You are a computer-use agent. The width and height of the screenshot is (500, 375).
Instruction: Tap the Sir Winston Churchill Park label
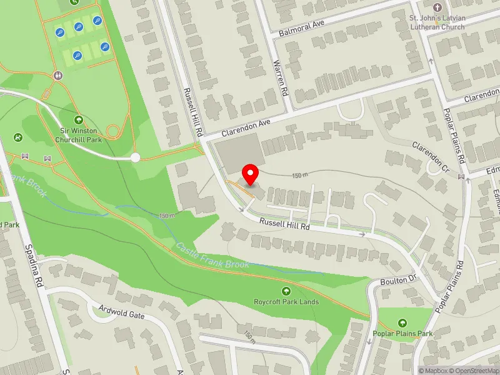(x=78, y=136)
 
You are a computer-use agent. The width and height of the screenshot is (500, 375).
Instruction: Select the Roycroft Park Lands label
(x=286, y=302)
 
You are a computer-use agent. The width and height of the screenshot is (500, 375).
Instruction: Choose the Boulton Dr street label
(x=398, y=281)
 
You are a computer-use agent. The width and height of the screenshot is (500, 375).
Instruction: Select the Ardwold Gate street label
(x=122, y=311)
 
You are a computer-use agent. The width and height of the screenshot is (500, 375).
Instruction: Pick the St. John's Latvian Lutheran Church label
(x=437, y=22)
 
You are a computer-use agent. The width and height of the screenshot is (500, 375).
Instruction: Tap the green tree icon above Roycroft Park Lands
(x=286, y=291)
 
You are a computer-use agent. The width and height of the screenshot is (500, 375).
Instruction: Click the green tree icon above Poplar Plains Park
(x=401, y=323)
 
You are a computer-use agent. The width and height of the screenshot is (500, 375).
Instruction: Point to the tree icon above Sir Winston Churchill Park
(x=78, y=119)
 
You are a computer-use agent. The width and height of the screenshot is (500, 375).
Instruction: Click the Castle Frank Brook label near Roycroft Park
(x=212, y=256)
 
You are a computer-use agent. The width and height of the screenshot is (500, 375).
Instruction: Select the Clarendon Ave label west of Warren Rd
(x=246, y=129)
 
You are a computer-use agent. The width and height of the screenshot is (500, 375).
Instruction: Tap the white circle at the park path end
(x=135, y=157)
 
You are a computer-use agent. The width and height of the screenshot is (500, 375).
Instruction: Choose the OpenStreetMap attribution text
(x=472, y=371)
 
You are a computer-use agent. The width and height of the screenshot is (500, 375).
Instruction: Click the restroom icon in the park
(x=58, y=75)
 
